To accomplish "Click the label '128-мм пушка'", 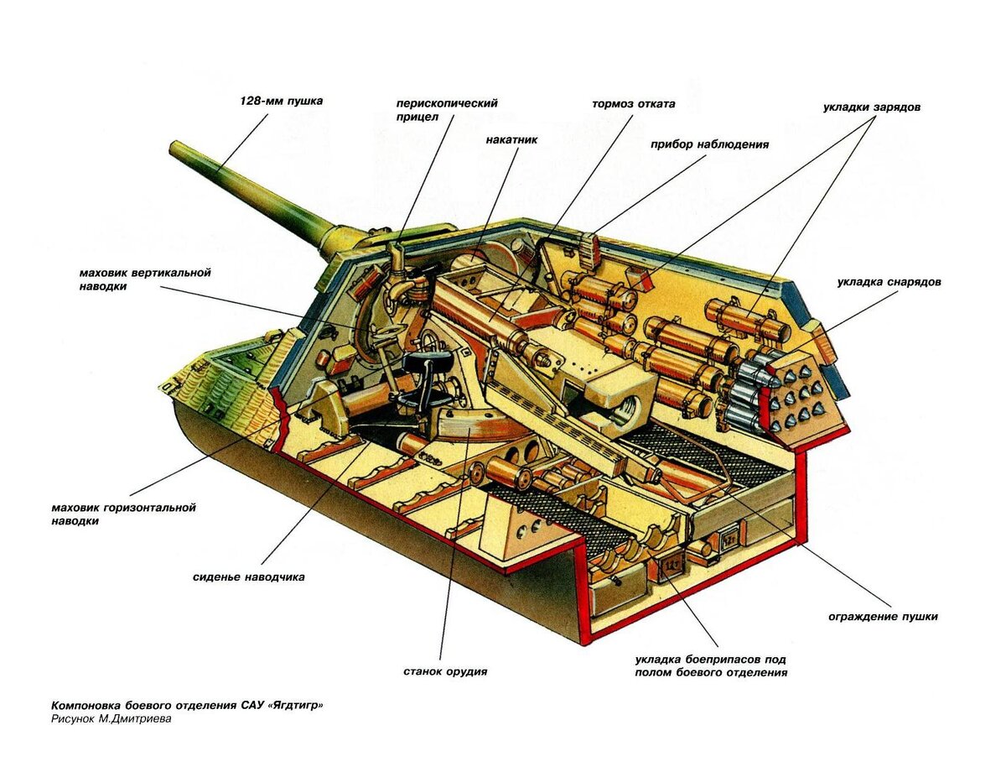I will pos(281,101).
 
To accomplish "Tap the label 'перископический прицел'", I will pos(447,110).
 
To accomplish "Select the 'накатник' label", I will pos(511,140).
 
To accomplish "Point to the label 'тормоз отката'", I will pos(633,105).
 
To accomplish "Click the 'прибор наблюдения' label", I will pos(709,144).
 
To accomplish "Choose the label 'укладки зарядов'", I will pos(872,108).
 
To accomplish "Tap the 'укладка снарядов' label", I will pos(888,282).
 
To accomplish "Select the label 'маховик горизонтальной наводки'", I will pos(122,514).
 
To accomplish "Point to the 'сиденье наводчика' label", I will pos(248,577).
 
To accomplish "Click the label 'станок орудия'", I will pos(444,671).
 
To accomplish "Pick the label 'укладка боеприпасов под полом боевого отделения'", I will pos(710,665).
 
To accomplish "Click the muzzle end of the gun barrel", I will pos(175,149).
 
